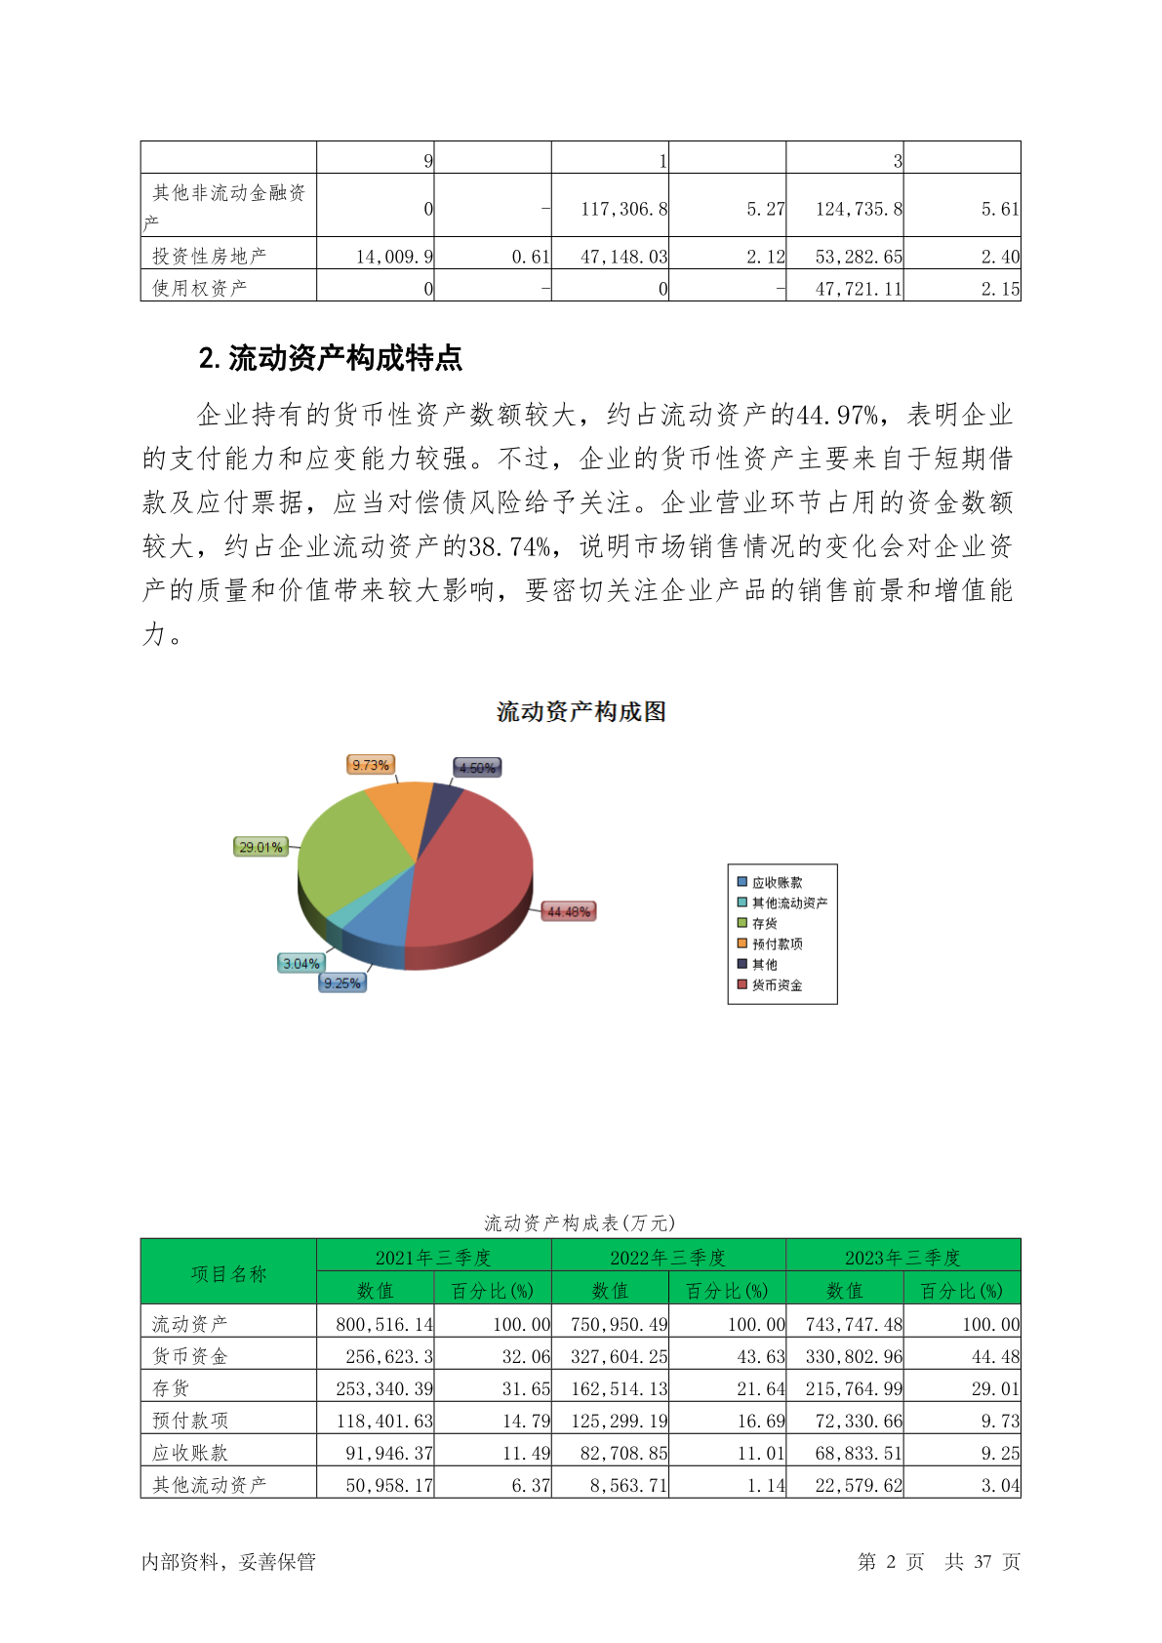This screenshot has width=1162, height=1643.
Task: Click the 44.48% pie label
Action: (568, 911)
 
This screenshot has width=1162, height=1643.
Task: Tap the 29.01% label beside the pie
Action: (260, 847)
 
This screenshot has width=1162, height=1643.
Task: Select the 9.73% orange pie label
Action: (371, 765)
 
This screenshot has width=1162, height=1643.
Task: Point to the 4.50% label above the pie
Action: (477, 768)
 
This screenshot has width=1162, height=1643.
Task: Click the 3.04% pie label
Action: (301, 963)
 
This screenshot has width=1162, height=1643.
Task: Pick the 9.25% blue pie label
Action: (342, 982)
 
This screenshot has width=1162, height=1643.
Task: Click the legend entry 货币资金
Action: (777, 985)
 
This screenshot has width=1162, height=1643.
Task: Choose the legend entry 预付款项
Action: (777, 943)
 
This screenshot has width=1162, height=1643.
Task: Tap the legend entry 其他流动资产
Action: (788, 902)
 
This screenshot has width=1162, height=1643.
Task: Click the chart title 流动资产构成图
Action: (581, 712)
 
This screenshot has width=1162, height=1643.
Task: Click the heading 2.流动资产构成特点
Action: (330, 358)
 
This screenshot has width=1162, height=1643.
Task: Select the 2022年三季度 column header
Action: (668, 1257)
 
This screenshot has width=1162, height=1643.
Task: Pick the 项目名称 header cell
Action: (228, 1273)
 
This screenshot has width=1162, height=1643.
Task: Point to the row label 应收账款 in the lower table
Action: (190, 1453)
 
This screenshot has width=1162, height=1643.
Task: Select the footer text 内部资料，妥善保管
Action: (228, 1561)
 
